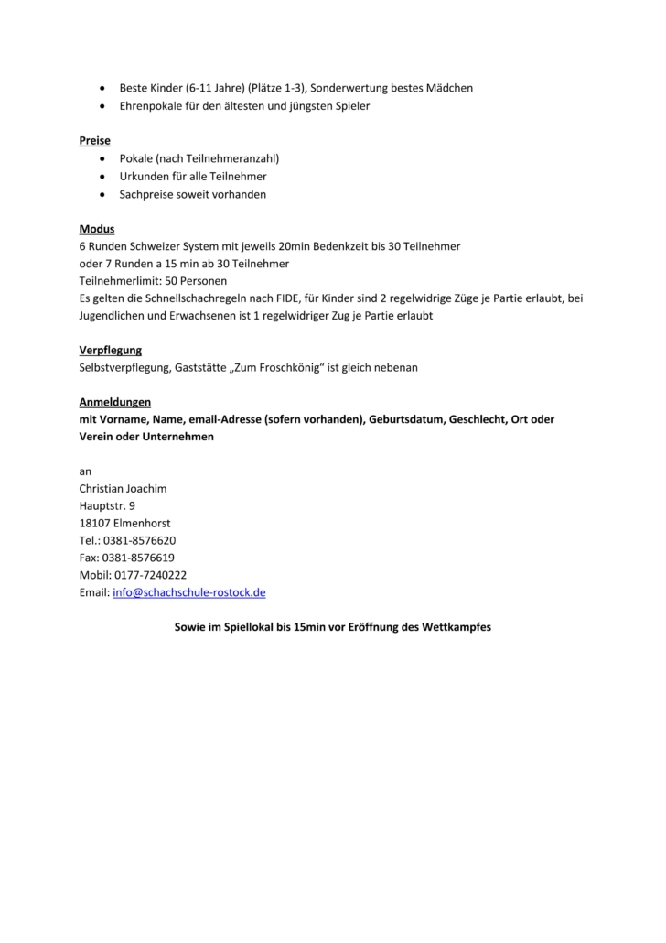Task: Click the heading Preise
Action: (x=94, y=141)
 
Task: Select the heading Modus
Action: (x=97, y=229)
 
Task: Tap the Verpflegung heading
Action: (x=111, y=350)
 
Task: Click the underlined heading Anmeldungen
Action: (x=115, y=402)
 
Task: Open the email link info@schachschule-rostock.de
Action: (x=189, y=592)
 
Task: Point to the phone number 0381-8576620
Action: (x=139, y=540)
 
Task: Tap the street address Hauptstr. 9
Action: (x=107, y=505)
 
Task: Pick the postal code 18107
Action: (x=94, y=523)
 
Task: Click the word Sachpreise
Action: (x=147, y=194)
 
